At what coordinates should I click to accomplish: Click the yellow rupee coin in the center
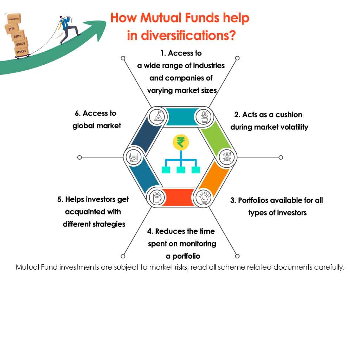181,142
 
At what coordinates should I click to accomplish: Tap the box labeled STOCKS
21,52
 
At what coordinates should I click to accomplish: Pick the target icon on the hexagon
226,157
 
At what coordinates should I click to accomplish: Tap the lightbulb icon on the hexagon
204,197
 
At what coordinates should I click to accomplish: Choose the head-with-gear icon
156,197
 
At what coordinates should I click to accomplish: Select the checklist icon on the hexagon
134,157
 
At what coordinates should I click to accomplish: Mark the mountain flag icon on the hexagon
156,116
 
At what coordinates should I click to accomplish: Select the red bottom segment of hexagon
180,197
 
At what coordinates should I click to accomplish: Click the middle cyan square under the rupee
181,170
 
